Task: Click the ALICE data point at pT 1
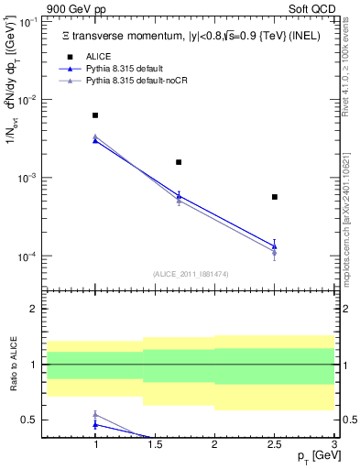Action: pos(95,115)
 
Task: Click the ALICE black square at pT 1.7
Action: pos(179,162)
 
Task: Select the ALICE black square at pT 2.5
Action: pos(274,197)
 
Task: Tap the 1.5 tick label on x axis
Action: pos(155,444)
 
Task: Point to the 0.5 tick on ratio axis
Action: pos(32,420)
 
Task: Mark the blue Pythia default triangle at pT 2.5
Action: pos(274,245)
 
